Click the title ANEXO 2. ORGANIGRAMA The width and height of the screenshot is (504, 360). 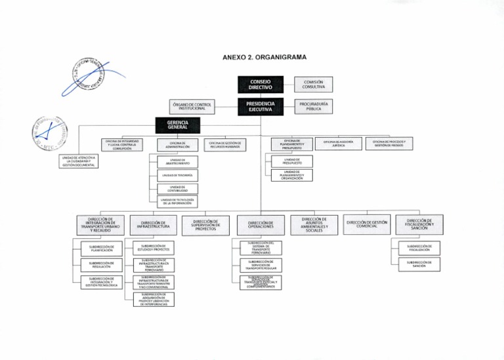pos(264,58)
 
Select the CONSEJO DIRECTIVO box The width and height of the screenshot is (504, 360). pos(260,84)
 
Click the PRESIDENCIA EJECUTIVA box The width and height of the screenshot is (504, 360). pos(260,106)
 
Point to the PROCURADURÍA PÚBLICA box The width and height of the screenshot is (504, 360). pos(313,106)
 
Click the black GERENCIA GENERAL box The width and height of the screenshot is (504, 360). pos(177,125)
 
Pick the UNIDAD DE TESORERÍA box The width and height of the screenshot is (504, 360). pos(173,175)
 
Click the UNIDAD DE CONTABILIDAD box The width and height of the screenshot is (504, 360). pos(173,189)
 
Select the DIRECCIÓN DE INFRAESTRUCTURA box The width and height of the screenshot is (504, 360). pos(154,225)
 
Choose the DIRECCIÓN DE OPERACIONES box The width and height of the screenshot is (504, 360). pos(261,225)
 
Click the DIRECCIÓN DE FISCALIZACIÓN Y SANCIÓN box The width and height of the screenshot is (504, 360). pos(419,224)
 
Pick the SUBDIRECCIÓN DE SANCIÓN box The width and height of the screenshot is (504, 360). pos(419,264)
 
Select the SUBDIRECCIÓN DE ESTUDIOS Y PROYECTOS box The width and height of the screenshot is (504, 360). pos(153,248)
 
